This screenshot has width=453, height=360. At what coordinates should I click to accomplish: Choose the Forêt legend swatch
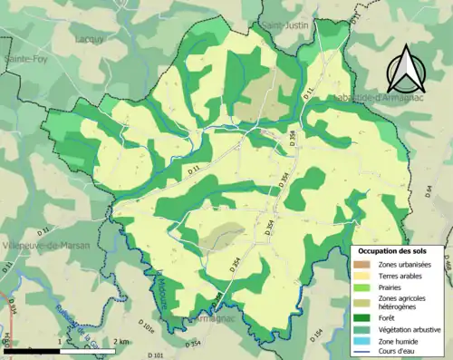362,316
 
